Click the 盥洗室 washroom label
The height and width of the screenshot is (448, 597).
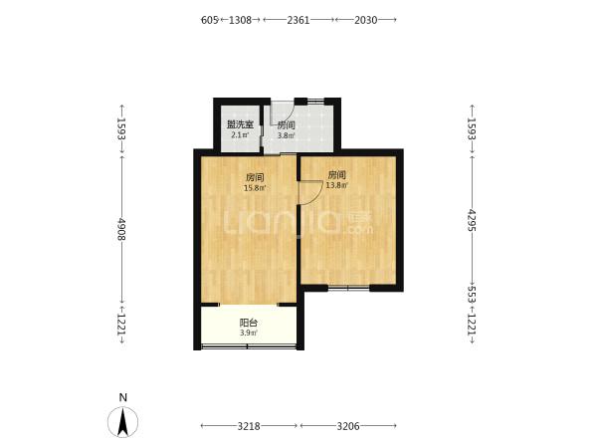pos(240,124)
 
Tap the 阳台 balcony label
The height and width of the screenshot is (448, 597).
pos(248,323)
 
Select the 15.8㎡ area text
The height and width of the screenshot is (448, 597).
pos(255,188)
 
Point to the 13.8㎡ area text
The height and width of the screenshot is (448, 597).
pos(337,185)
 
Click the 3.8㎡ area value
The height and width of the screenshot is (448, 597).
pos(286,135)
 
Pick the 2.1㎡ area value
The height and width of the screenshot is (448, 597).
pos(240,134)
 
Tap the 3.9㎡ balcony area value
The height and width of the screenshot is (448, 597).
pos(248,333)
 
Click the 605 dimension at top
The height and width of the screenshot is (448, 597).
pos(209,20)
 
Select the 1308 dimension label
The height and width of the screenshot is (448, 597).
pos(240,20)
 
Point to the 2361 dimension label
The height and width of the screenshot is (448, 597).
pos(298,20)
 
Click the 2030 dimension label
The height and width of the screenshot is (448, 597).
pos(366,20)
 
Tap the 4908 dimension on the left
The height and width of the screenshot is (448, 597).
pos(121,229)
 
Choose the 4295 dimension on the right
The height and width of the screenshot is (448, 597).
pos(472,220)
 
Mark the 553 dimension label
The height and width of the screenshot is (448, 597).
pos(472,295)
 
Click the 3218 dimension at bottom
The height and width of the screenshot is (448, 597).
pos(249,426)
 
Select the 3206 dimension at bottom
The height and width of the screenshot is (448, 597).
pos(348,426)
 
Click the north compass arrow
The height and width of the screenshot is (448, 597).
pos(122,422)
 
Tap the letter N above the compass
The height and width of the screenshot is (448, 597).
pos(122,397)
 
